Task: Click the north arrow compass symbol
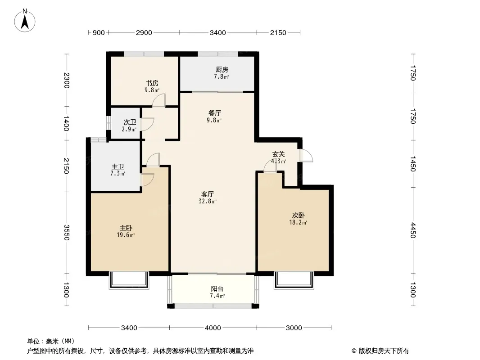25,21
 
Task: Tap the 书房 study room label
152,83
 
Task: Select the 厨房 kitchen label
222,70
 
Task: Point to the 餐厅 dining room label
214,113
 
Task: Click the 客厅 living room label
208,194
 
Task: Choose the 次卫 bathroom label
130,122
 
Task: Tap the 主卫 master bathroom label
118,166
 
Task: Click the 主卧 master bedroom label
126,228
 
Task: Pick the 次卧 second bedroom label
298,216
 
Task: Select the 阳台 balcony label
217,289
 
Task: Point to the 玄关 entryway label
279,154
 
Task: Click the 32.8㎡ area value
208,201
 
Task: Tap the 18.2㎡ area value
298,223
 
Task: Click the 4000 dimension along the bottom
213,328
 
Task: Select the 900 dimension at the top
99,33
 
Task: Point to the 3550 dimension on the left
67,233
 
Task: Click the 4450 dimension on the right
413,230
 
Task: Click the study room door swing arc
158,100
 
